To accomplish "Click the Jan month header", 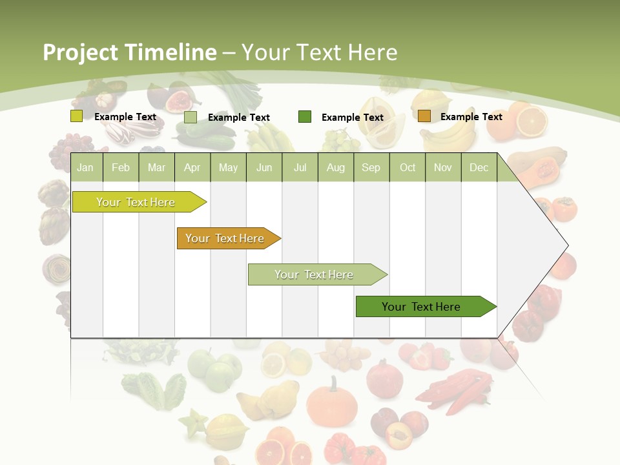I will click(x=85, y=167).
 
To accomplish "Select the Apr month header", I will click(x=192, y=167).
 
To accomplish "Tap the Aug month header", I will click(x=335, y=167).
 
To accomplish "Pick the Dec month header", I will click(x=479, y=167).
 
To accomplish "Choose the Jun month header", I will click(x=264, y=167).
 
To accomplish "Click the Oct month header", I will click(x=408, y=167).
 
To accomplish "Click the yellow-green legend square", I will click(x=76, y=116).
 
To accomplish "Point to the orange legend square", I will click(x=424, y=116).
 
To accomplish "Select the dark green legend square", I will click(x=305, y=117).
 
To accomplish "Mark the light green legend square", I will click(x=191, y=117).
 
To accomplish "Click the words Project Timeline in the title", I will click(x=129, y=52).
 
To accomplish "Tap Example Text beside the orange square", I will click(x=471, y=117).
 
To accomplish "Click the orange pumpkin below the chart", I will click(x=331, y=404).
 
